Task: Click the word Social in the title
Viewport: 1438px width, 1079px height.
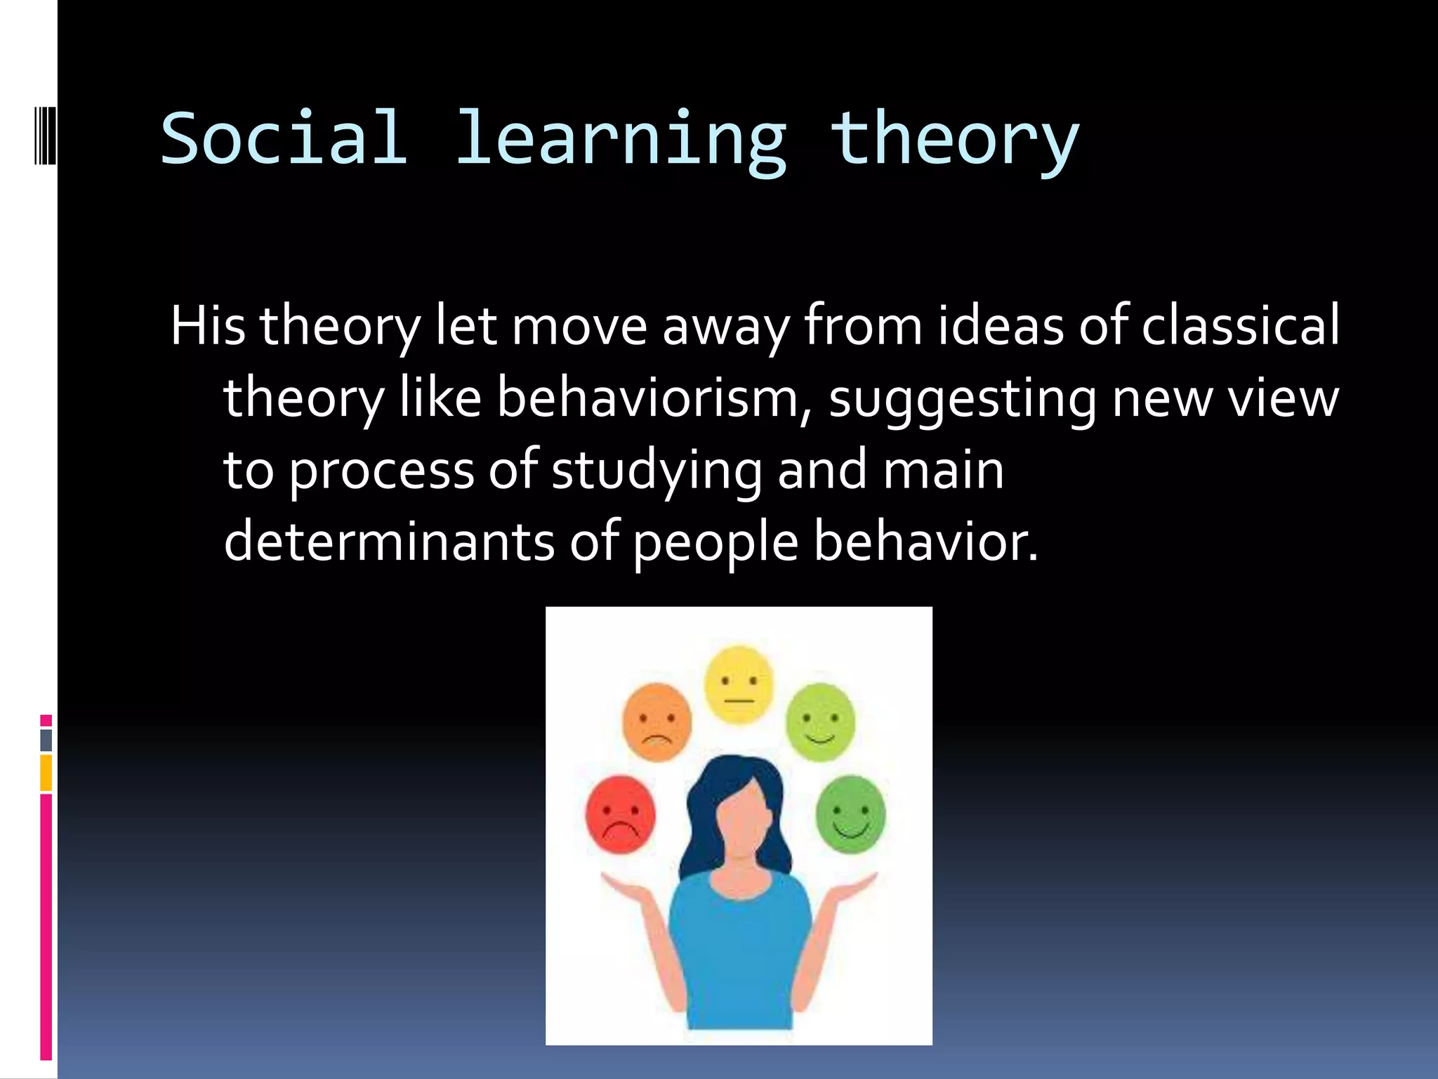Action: point(284,138)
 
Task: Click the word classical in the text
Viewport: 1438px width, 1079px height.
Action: point(1240,326)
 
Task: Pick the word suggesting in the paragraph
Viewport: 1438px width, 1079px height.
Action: point(962,399)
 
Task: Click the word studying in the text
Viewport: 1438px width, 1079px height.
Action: point(657,471)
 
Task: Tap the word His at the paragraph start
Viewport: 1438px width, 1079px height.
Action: point(208,326)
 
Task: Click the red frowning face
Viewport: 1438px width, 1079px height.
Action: point(620,815)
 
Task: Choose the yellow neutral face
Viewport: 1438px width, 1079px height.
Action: point(739,684)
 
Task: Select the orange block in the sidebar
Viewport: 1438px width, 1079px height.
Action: point(46,772)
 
